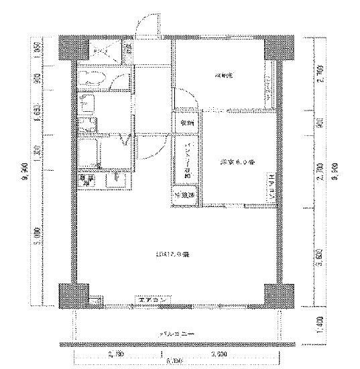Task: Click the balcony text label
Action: tap(174, 333)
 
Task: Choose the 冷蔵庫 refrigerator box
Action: tap(86, 179)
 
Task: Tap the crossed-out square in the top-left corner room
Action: tap(103, 50)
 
